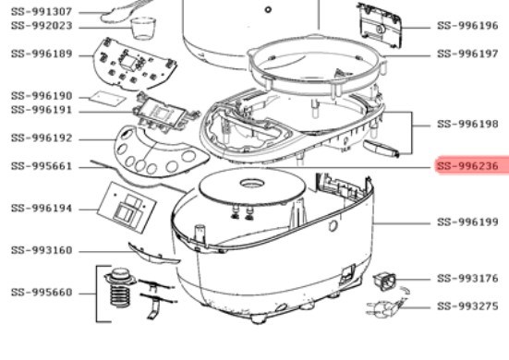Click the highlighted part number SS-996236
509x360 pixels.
pos(467,166)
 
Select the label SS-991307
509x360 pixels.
pos(42,12)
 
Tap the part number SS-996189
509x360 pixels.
pos(42,54)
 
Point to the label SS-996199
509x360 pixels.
pos(467,222)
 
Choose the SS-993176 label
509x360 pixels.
pos(467,278)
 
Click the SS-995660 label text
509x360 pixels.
pos(42,293)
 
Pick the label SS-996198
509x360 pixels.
pos(467,124)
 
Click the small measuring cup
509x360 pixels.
pos(143,29)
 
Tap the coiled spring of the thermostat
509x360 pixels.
pos(120,295)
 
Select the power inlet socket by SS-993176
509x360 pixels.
pos(384,282)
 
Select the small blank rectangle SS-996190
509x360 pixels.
pos(107,98)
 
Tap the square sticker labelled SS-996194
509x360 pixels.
pos(127,208)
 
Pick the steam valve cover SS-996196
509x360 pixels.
pos(380,25)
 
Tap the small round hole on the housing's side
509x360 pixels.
pos(333,226)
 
